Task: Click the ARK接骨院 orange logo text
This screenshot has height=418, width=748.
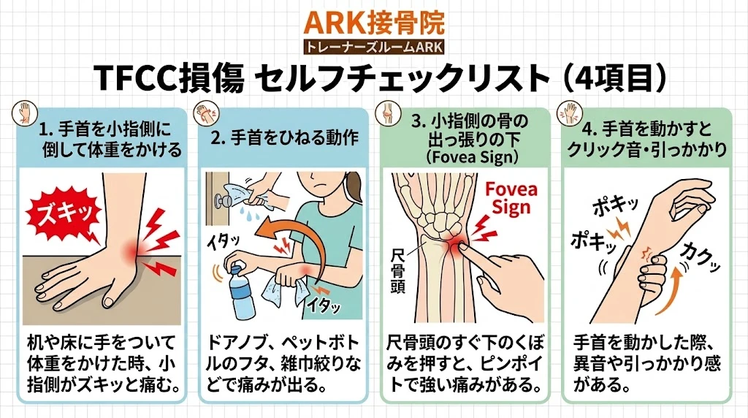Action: (373, 23)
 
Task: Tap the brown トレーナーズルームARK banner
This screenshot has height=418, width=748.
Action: (373, 47)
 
